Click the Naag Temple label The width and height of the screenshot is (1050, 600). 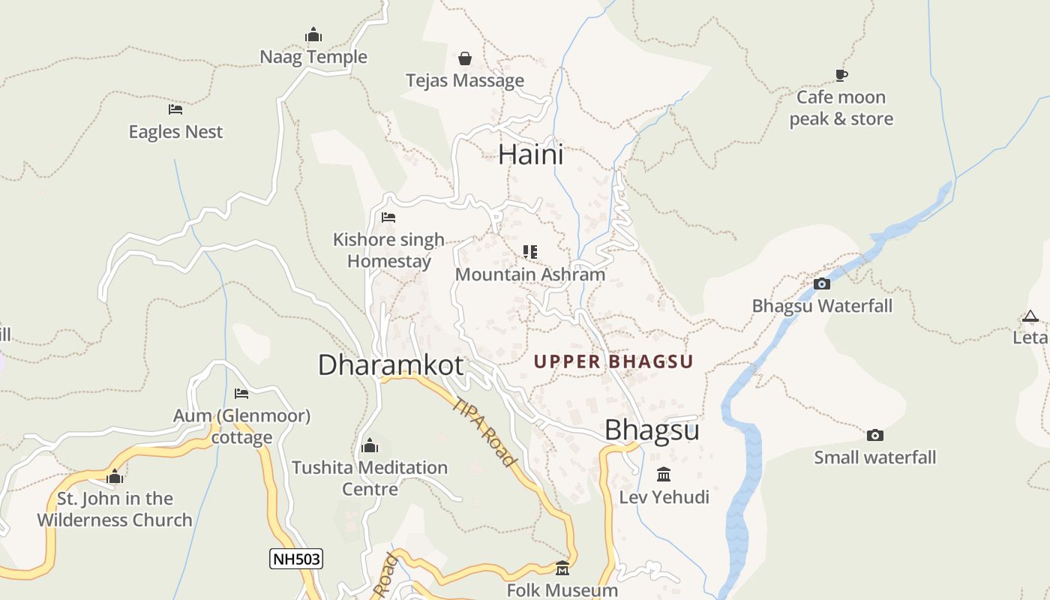coord(313,57)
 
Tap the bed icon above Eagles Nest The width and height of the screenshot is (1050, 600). coord(175,109)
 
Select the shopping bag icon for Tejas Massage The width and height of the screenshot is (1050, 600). coord(465,58)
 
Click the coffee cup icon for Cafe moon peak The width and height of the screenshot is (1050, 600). coord(841,75)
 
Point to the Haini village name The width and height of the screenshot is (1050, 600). coord(530,154)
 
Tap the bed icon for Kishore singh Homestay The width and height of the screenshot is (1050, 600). coord(388,217)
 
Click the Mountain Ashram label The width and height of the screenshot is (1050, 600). coord(529,274)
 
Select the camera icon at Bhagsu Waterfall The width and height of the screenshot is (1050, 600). coord(822,283)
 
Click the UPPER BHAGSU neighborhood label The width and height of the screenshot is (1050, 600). coord(613,361)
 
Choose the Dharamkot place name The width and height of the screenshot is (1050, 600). coord(391,365)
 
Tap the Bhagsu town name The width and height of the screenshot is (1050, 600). coord(652,430)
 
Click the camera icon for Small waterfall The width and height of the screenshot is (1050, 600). coord(874,436)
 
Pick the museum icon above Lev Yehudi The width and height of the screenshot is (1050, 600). coord(664,475)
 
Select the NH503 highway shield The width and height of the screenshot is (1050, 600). coord(296,559)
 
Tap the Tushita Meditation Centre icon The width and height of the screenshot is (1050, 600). coord(369,446)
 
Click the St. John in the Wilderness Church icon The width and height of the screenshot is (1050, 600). coord(115,477)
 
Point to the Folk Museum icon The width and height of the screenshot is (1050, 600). coord(562,568)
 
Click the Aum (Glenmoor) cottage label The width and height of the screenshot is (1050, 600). coord(241,426)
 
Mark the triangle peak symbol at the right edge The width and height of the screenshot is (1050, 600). coord(1030,316)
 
